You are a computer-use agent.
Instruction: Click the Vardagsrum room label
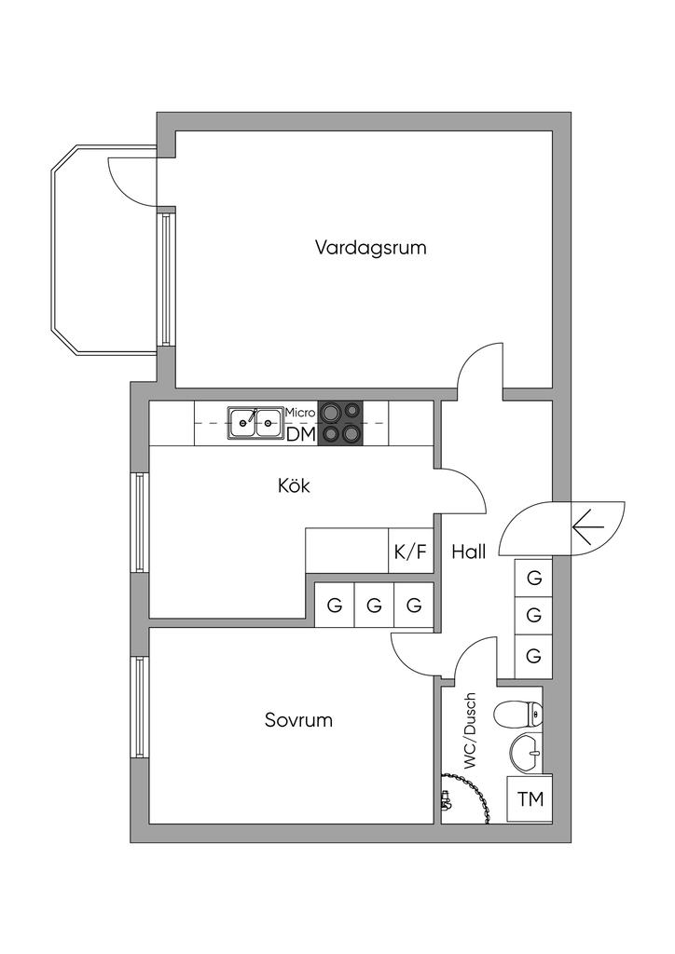[370, 248]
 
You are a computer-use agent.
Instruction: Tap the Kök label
[294, 485]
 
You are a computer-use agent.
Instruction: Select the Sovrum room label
[298, 720]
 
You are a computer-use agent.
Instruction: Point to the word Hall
[469, 552]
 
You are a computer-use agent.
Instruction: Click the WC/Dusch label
[470, 730]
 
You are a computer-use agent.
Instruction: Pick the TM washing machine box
[530, 799]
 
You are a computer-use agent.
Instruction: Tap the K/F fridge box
[410, 552]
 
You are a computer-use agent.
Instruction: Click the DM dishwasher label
[300, 433]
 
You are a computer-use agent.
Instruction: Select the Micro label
[300, 412]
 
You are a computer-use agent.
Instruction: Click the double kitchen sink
[255, 422]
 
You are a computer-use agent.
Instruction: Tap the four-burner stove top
[341, 422]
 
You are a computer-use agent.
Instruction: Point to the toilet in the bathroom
[518, 715]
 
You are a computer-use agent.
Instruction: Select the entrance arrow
[588, 528]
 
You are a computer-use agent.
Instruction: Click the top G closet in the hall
[534, 578]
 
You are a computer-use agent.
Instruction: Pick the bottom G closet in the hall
[534, 656]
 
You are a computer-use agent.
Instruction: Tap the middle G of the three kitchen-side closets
[375, 606]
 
